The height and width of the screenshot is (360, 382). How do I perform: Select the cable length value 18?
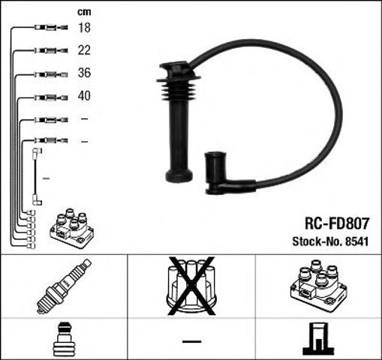[x=84, y=28]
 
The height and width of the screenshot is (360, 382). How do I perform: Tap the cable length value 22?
[x=84, y=50]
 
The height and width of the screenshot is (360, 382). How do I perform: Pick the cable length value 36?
[x=84, y=74]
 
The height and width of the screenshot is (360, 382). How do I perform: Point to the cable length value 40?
[x=84, y=97]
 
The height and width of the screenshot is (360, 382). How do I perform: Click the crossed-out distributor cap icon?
[x=191, y=285]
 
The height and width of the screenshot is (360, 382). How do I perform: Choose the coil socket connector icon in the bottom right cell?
[x=318, y=339]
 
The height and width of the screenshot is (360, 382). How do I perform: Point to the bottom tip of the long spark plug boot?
[x=178, y=177]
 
